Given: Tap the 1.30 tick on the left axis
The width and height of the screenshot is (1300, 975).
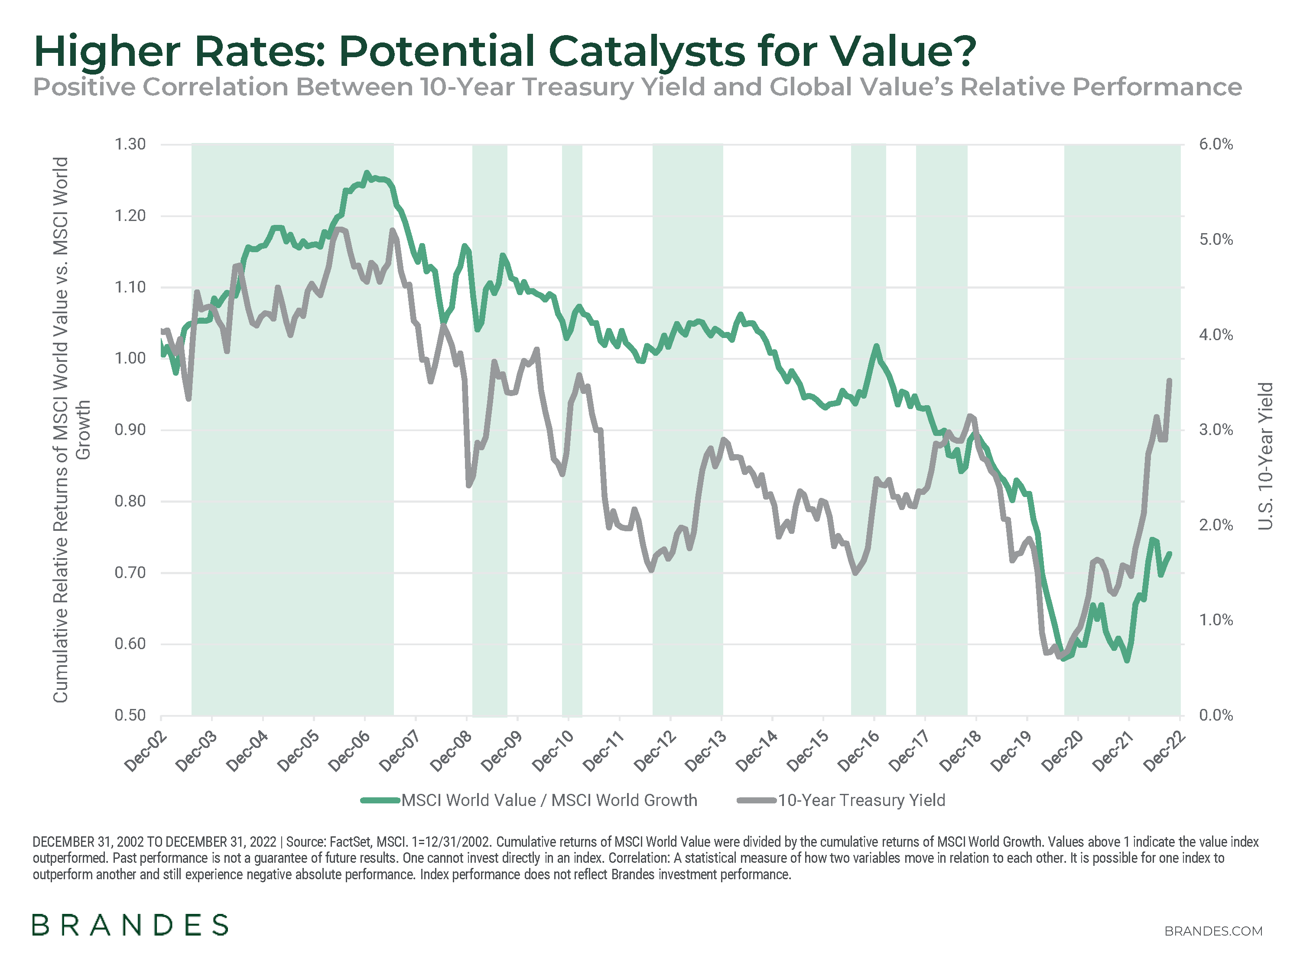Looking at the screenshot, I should [130, 144].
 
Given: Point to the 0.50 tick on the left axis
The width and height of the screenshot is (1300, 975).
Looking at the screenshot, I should [130, 715].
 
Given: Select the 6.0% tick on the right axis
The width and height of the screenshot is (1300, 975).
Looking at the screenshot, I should [1216, 144].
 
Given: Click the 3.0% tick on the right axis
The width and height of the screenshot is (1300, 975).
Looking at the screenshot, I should [1216, 429].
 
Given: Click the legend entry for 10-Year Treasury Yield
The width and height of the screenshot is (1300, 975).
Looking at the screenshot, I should [861, 800].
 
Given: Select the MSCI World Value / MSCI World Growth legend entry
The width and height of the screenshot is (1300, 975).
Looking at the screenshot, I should [549, 800].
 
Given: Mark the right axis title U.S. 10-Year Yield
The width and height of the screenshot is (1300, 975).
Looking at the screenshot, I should [1265, 455].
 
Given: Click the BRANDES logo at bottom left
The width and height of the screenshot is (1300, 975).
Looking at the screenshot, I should [130, 925].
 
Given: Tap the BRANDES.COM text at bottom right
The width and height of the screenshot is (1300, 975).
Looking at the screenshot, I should [1213, 931].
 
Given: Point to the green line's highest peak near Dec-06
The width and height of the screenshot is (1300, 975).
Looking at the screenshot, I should [367, 173].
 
